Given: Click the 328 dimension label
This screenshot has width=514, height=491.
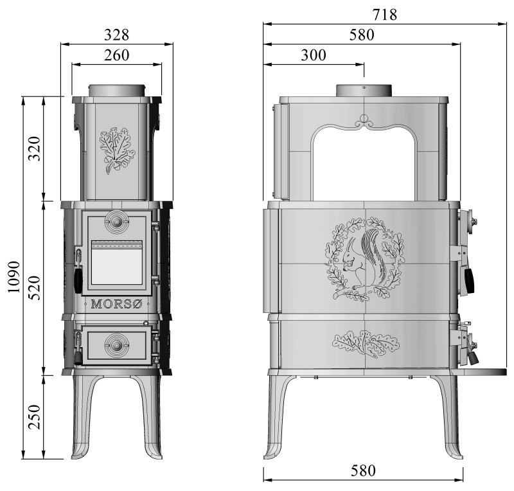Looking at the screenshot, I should click(116, 34).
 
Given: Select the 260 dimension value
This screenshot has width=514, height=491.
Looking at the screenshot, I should click(116, 55).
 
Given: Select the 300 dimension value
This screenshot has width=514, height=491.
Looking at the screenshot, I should click(313, 55).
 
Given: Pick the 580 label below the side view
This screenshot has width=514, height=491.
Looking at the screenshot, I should click(363, 470).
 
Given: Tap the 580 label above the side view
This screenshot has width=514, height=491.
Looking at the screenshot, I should click(362, 35).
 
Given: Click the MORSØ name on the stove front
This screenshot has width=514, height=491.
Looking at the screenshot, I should click(116, 303).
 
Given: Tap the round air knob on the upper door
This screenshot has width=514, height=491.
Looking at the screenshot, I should click(116, 222).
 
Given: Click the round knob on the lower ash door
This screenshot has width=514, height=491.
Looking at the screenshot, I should click(116, 343).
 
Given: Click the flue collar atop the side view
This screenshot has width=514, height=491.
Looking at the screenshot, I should click(364, 91).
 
